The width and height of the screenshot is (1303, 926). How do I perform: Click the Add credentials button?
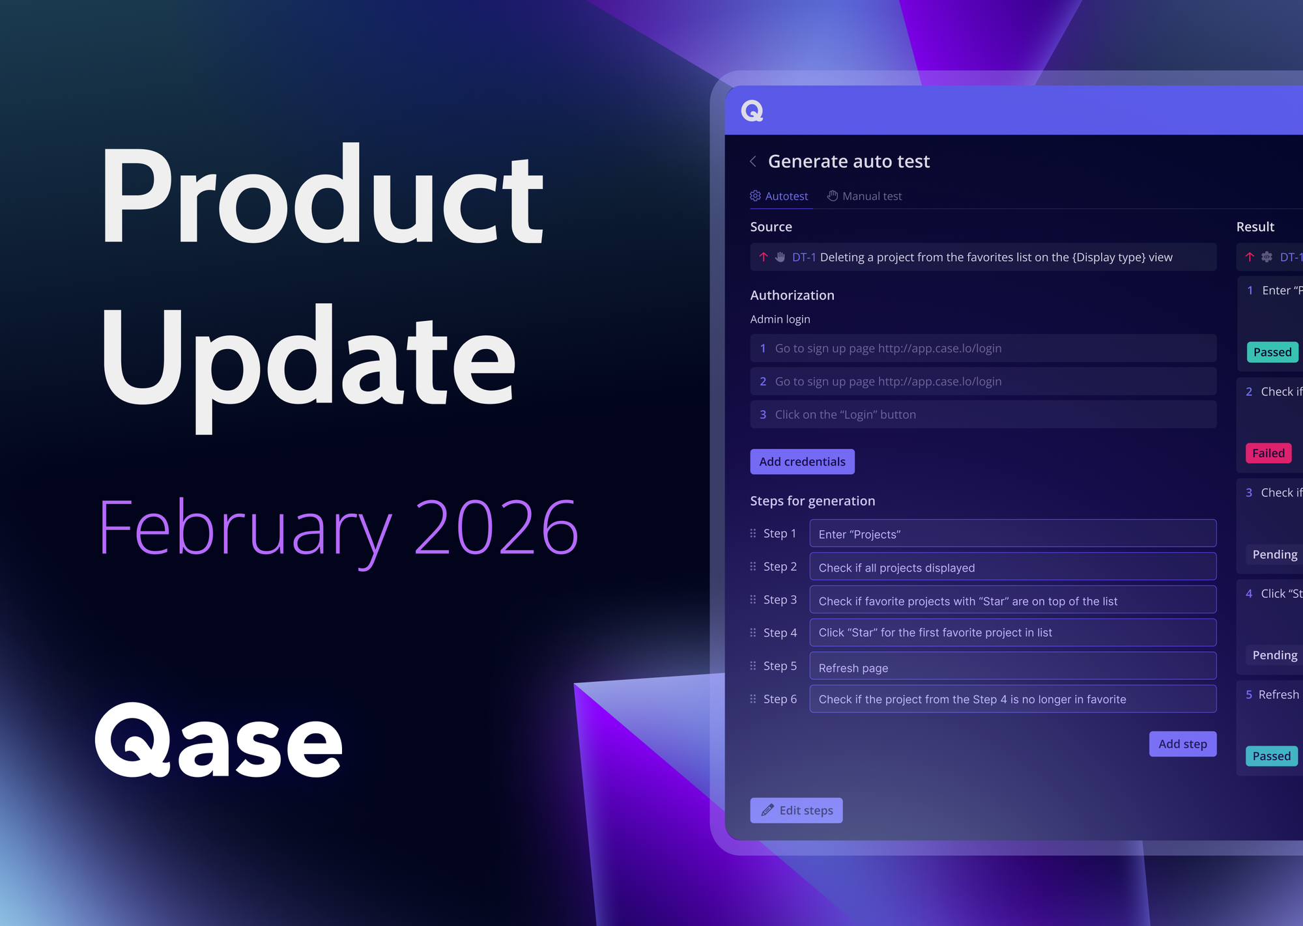[x=802, y=462]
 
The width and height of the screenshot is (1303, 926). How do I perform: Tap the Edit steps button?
[x=796, y=811]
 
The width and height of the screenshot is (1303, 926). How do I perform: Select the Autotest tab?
[x=780, y=196]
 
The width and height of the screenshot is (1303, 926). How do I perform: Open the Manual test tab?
[x=865, y=196]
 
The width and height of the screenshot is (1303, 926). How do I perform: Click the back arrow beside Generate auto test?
[x=753, y=161]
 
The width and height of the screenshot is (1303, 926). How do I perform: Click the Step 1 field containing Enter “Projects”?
[x=1012, y=534]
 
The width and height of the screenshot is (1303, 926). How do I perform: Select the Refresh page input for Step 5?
[x=1012, y=667]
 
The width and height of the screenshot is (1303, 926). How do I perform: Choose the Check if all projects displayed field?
[x=1012, y=567]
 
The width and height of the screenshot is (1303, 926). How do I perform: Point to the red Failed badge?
[x=1268, y=453]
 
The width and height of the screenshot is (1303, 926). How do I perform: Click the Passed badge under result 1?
[x=1272, y=352]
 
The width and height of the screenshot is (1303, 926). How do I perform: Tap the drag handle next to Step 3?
[x=753, y=600]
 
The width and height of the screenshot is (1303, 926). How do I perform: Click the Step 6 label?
[x=780, y=699]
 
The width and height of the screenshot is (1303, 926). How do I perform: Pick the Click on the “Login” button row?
[x=982, y=415]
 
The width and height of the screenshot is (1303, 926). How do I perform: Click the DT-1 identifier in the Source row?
[x=804, y=258]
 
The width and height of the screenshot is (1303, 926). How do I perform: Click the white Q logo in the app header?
[x=752, y=111]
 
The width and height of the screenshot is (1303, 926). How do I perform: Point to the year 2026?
[x=496, y=527]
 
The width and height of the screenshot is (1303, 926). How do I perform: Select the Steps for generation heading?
[x=812, y=501]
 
